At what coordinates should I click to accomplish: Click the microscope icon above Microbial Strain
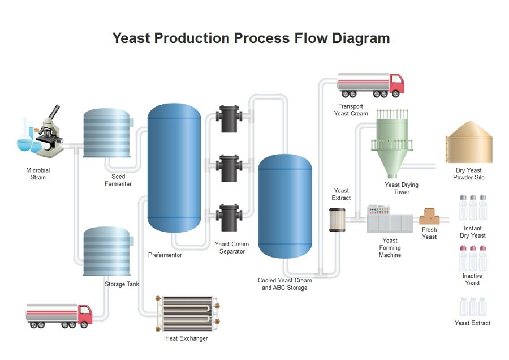pyautogui.click(x=50, y=130)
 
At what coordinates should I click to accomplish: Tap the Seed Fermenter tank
pyautogui.click(x=107, y=134)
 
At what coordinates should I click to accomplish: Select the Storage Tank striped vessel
pyautogui.click(x=107, y=251)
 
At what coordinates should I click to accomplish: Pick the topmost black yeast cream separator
pyautogui.click(x=229, y=118)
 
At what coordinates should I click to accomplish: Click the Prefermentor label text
pyautogui.click(x=165, y=255)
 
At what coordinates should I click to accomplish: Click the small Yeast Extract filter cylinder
pyautogui.click(x=337, y=220)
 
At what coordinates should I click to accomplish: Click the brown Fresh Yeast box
pyautogui.click(x=429, y=217)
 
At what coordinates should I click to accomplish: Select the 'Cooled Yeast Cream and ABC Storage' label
pyautogui.click(x=284, y=284)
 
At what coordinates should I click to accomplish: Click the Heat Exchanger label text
pyautogui.click(x=186, y=338)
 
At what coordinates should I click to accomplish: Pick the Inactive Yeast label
pyautogui.click(x=472, y=280)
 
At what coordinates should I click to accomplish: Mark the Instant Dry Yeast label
pyautogui.click(x=473, y=232)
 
